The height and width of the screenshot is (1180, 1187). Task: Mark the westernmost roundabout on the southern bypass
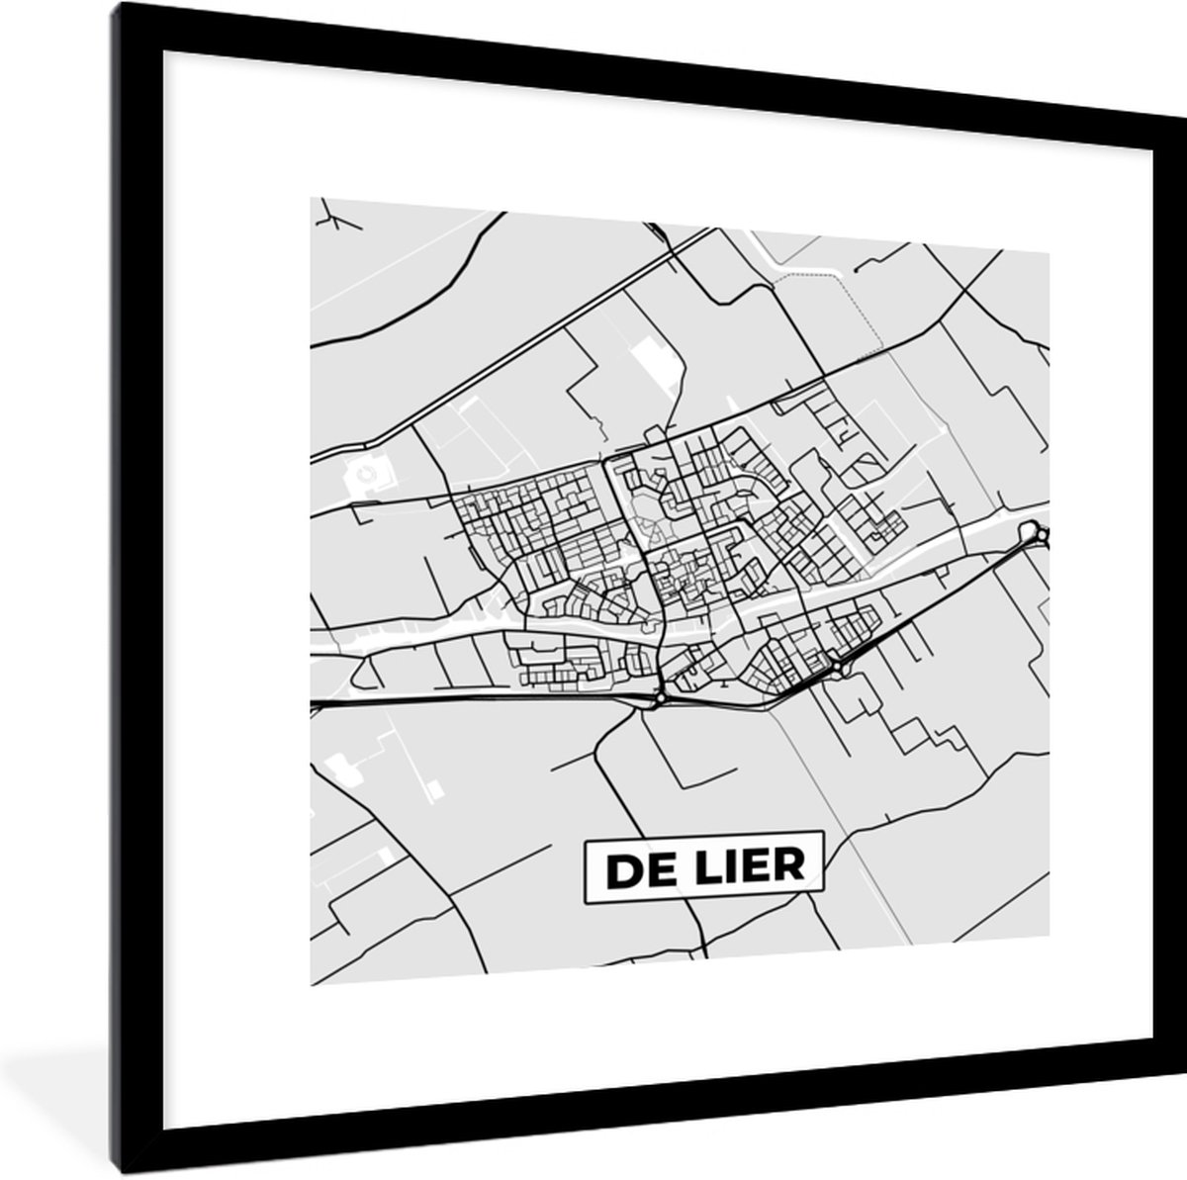pyautogui.click(x=660, y=699)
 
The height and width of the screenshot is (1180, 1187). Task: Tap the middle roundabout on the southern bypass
pyautogui.click(x=839, y=668)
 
